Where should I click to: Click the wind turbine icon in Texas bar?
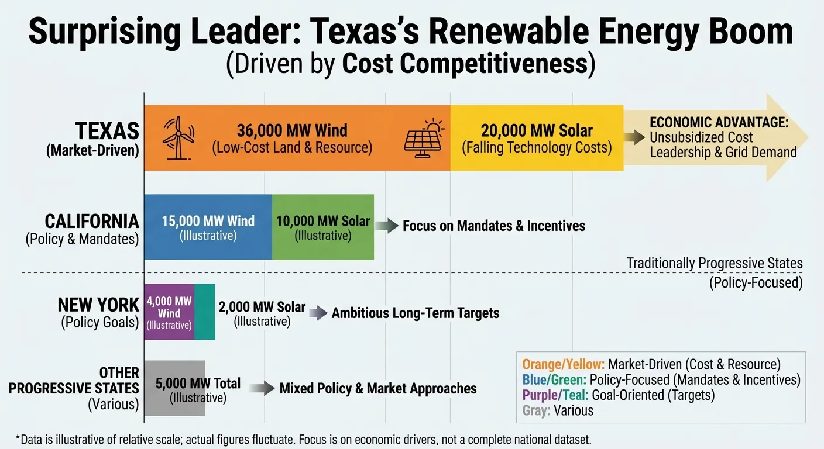(177, 138)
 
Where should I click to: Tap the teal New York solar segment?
(204, 312)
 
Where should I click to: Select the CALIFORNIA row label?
(92, 222)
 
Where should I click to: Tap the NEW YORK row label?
(98, 305)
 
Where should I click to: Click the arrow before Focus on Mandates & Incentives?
(386, 226)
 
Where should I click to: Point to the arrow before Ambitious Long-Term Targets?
(318, 313)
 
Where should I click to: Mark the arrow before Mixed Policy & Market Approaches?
(262, 388)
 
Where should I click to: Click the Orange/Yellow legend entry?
(651, 364)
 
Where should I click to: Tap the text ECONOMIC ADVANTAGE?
(719, 123)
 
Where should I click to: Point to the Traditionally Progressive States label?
(715, 263)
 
